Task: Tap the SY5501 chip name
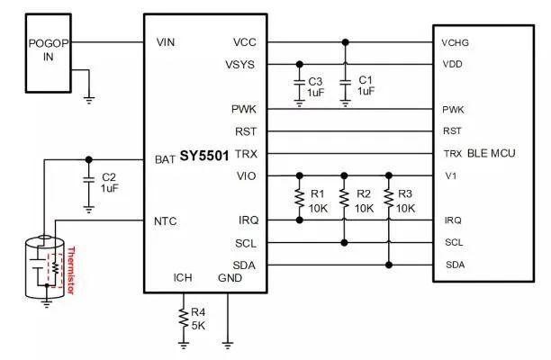[204, 156]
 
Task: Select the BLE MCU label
[492, 153]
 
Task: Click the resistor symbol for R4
[183, 318]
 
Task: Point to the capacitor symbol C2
[88, 180]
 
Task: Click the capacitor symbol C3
[299, 83]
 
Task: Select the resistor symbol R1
[300, 198]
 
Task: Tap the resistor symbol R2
[344, 198]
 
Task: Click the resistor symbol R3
[388, 198]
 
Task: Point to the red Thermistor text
[70, 270]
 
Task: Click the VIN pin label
[165, 42]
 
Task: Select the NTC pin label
[165, 221]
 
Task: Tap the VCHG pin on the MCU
[455, 43]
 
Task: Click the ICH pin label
[183, 278]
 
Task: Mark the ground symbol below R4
[183, 345]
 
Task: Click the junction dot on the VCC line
[346, 42]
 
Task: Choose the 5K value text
[198, 326]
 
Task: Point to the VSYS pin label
[240, 65]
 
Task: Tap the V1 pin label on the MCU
[451, 175]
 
